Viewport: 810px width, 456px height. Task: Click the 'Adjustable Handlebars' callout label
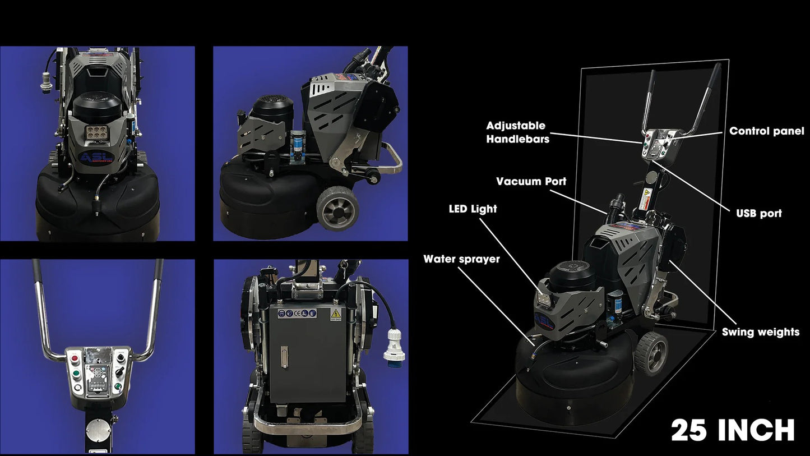pos(518,132)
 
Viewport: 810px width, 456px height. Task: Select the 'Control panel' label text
pos(767,131)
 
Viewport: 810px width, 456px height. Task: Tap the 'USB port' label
pos(759,213)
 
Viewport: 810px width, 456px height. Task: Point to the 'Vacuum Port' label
pos(531,181)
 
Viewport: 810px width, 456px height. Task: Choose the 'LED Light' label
pos(473,209)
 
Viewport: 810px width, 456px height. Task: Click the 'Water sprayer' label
pos(461,259)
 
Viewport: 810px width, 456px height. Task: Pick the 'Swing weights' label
pos(761,332)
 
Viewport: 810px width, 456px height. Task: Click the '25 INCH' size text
pos(733,430)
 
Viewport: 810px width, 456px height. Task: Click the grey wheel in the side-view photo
pos(338,208)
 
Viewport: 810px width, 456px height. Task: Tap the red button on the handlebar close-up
pos(75,359)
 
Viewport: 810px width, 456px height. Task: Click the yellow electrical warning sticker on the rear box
pos(336,315)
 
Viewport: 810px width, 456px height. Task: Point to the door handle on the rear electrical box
pos(285,357)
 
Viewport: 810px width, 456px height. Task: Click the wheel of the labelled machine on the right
pos(651,354)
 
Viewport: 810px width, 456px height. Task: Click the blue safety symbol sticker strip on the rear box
pos(297,314)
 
